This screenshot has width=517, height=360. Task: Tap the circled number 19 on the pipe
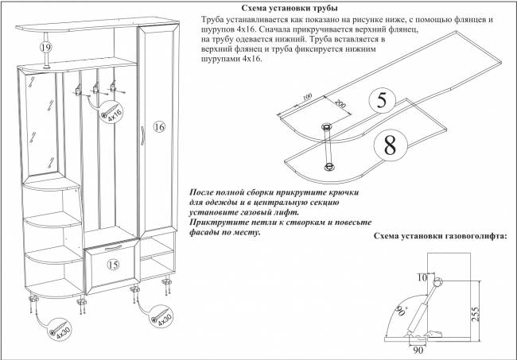(x=46, y=48)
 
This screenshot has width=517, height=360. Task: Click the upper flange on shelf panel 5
(x=327, y=127)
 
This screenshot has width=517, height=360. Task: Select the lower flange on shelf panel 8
(x=328, y=165)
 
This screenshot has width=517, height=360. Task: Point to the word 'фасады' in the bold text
(x=207, y=233)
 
